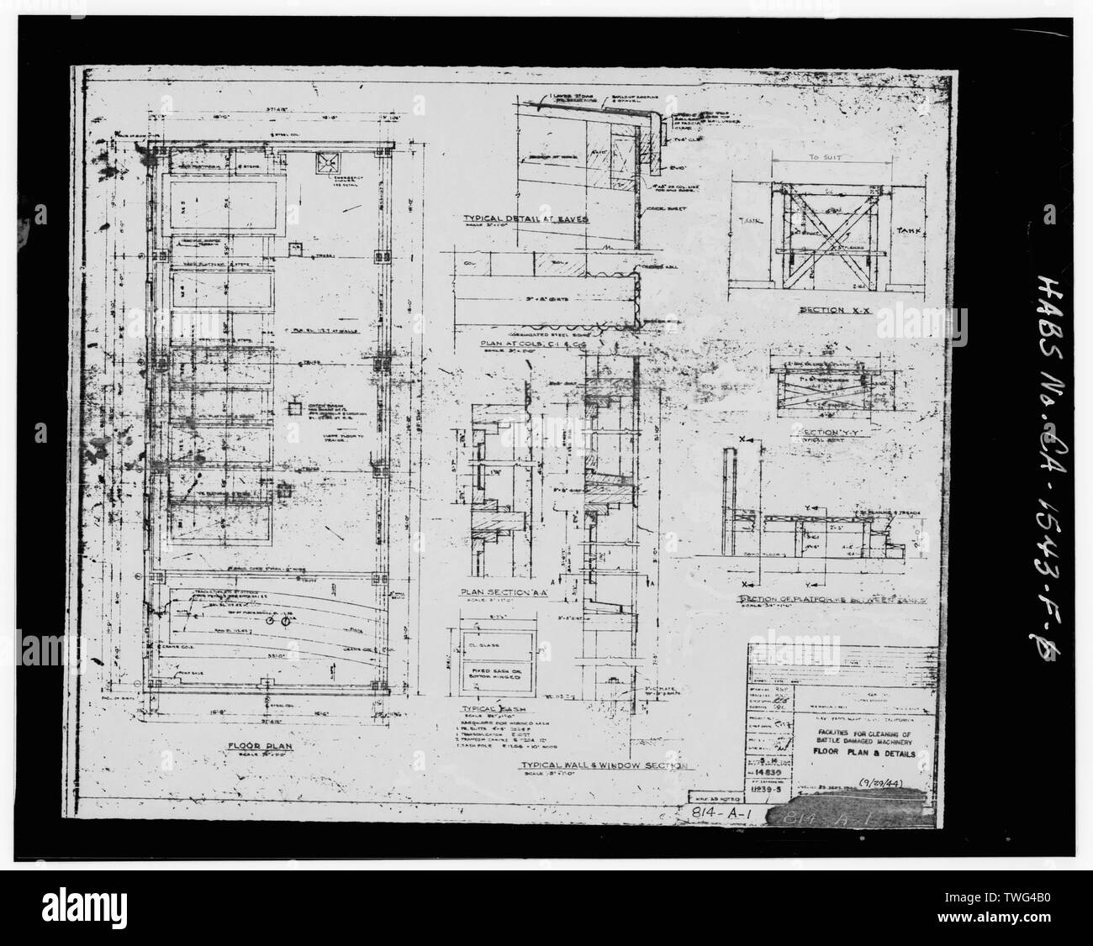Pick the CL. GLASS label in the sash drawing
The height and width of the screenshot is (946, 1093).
pyautogui.click(x=481, y=649)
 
